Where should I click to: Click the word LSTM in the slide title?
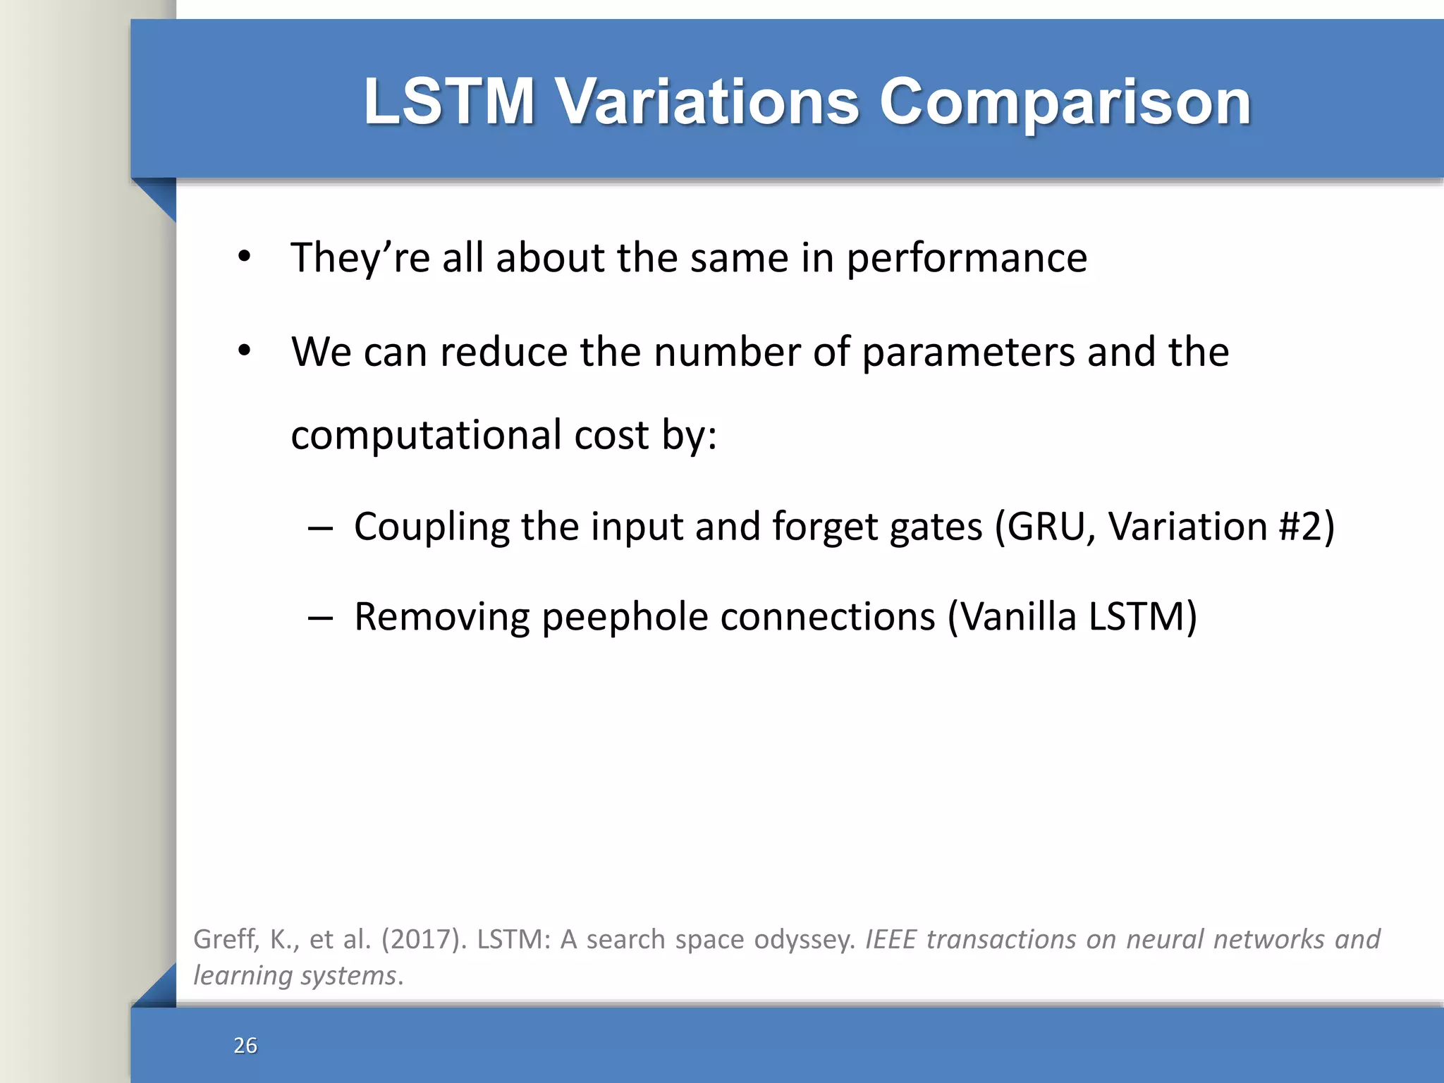(x=449, y=102)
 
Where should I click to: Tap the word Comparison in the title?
(x=1065, y=102)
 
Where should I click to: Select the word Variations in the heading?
(x=708, y=102)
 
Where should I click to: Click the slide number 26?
(x=245, y=1045)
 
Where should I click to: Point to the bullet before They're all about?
(x=244, y=257)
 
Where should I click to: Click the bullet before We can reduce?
(x=244, y=350)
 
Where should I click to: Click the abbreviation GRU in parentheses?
(x=1046, y=527)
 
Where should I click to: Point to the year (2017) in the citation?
(x=423, y=940)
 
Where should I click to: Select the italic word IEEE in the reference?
(x=891, y=940)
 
